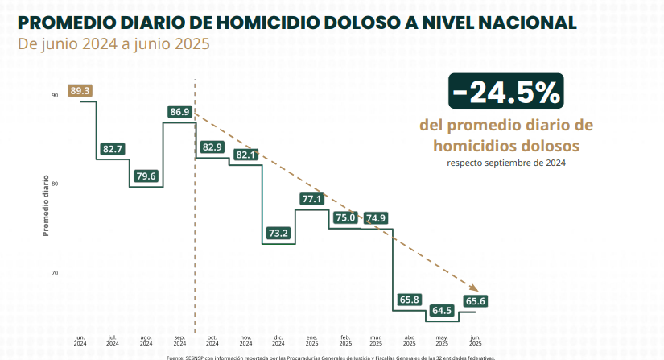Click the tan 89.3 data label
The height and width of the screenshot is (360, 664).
tap(80, 91)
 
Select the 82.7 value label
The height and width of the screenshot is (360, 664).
tap(113, 149)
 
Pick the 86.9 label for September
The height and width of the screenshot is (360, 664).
tap(180, 111)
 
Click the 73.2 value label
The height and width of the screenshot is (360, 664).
tap(278, 233)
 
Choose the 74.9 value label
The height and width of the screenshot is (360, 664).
tap(376, 217)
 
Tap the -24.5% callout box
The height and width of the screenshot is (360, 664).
tap(505, 93)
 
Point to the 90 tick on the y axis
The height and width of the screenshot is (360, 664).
tap(54, 95)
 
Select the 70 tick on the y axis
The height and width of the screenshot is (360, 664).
tap(54, 274)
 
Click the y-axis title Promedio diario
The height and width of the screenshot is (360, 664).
tap(46, 205)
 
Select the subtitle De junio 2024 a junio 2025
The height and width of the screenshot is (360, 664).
tap(113, 43)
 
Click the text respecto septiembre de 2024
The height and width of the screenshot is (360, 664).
tap(506, 163)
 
